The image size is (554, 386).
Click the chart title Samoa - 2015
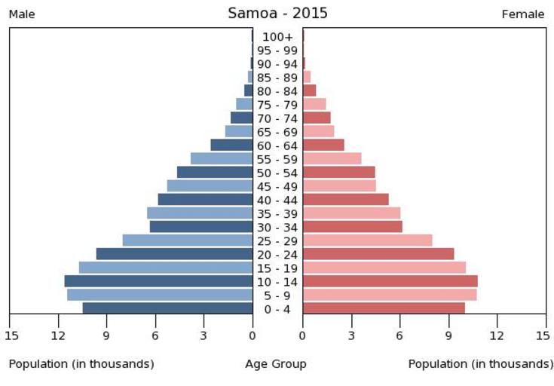click(277, 14)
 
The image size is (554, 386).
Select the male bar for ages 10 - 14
click(158, 281)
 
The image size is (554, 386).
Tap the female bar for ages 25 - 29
click(368, 240)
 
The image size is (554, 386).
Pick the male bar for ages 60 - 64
click(232, 145)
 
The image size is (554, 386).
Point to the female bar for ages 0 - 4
click(384, 308)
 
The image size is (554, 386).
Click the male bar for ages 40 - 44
click(206, 199)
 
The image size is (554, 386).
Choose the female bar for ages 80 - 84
click(310, 90)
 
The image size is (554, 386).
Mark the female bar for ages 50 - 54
click(339, 172)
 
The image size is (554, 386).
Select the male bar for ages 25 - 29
click(188, 240)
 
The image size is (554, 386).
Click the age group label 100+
click(277, 37)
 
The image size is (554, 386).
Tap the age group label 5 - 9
click(277, 296)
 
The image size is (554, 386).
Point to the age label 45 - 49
click(277, 187)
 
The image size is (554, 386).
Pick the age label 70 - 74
click(277, 118)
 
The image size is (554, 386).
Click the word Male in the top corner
click(22, 14)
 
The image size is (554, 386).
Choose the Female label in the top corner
click(523, 14)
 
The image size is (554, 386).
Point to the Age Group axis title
click(276, 364)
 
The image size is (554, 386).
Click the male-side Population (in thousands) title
click(81, 364)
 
